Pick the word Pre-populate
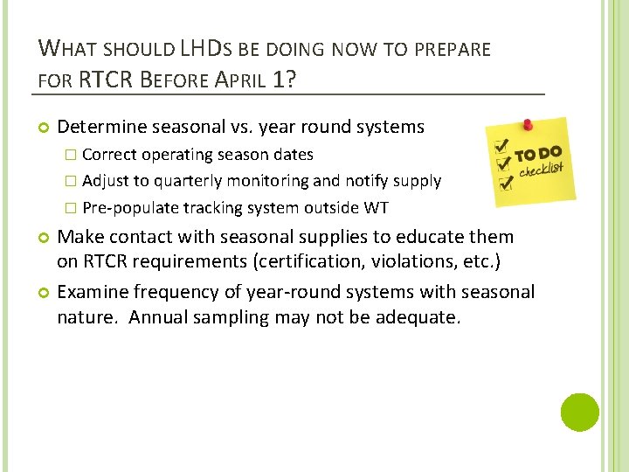tap(130, 207)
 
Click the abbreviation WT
tap(377, 207)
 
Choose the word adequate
tap(417, 316)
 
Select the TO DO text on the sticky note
tap(537, 154)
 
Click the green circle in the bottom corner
tap(579, 413)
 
